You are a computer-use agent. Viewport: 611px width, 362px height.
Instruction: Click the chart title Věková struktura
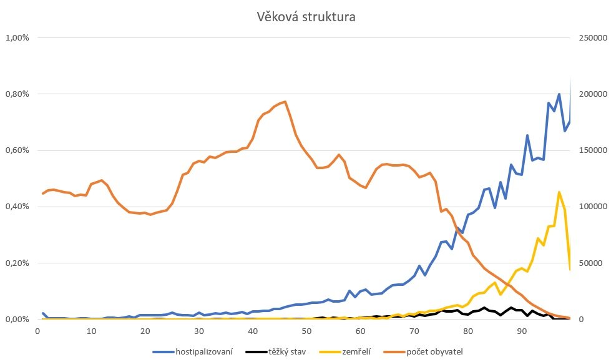(306, 17)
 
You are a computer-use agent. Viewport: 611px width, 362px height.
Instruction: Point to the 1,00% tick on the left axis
(17, 38)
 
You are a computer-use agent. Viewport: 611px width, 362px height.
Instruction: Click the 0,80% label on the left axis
(17, 94)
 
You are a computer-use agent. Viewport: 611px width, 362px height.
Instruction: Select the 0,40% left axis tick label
(17, 207)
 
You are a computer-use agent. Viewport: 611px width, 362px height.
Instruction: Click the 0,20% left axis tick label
(17, 263)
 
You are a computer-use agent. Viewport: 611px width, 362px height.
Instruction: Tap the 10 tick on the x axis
(91, 331)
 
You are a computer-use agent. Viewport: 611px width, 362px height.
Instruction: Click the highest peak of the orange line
(285, 102)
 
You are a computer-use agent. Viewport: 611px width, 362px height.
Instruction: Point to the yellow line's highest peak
(559, 192)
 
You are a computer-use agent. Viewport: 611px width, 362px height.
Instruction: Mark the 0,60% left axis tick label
(17, 150)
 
